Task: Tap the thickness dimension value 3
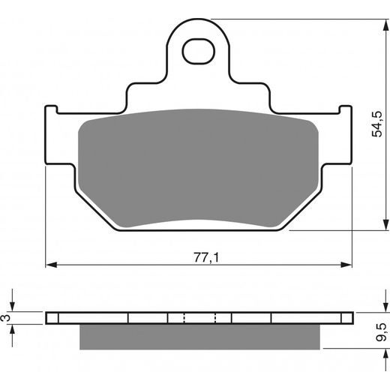pos(7,318)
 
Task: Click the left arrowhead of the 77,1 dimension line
pos(51,265)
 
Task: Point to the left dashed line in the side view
pos(183,318)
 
